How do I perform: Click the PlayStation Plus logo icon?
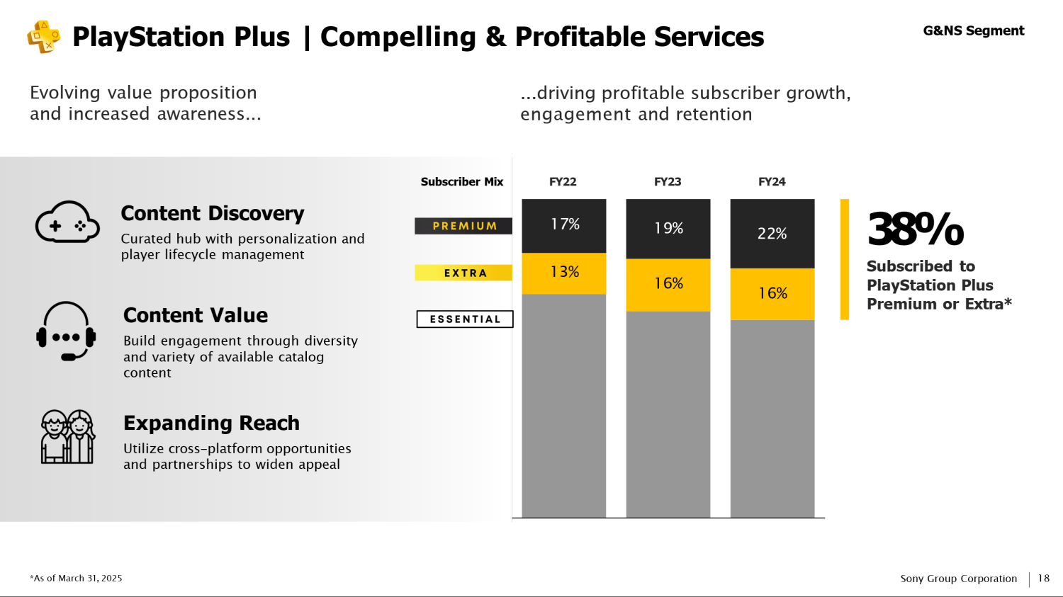tap(44, 37)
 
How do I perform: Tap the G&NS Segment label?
tap(973, 31)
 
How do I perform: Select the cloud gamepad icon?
tap(67, 222)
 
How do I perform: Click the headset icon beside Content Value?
tap(66, 331)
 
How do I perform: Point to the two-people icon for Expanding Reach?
tap(67, 437)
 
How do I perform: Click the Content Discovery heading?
tap(212, 213)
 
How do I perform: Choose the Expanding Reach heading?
tap(211, 423)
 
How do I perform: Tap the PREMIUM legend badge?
tap(463, 226)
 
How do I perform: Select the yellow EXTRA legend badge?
tap(463, 273)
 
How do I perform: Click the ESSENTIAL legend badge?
tap(465, 319)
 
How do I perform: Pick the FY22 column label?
tap(563, 181)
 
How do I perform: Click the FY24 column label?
tap(772, 181)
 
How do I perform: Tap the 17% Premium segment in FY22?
tap(564, 226)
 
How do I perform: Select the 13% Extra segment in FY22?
tap(564, 273)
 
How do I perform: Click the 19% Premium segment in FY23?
tap(668, 229)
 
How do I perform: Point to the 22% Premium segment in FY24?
tap(772, 234)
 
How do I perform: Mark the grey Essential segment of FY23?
tap(668, 414)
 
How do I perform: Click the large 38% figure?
tap(915, 229)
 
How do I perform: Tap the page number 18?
tap(1044, 578)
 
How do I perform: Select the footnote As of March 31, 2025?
tap(76, 578)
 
